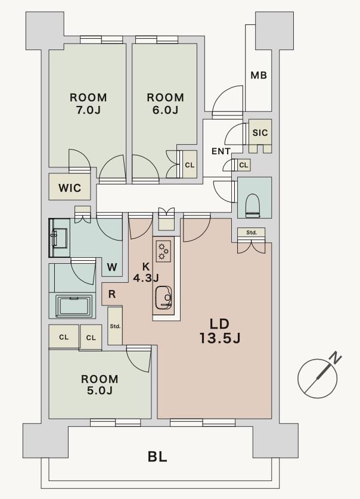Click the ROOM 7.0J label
88,104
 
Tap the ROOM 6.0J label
165,104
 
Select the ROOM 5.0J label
100,385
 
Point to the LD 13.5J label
220,331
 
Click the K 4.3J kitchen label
146,272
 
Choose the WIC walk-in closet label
70,188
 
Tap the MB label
258,76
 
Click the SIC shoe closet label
260,132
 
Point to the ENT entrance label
221,151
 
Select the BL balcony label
157,457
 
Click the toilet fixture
254,205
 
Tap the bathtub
74,306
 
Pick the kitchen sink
164,298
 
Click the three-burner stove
163,251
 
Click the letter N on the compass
335,358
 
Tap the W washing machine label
112,267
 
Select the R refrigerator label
112,294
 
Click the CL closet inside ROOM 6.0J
190,165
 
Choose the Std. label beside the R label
115,326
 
